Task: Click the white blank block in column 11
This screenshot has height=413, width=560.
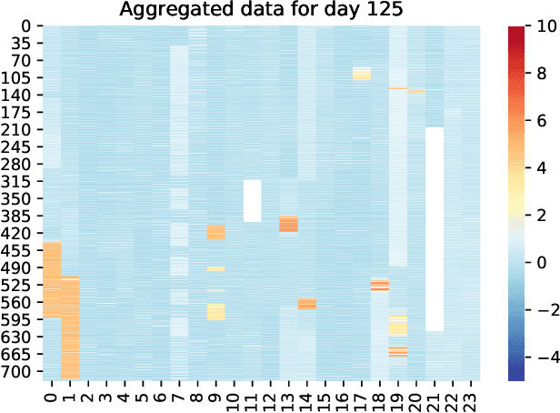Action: (x=252, y=200)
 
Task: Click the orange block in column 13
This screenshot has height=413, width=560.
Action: (x=288, y=224)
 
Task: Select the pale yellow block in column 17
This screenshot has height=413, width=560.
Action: (x=361, y=74)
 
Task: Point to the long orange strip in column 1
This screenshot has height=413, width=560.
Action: (x=70, y=327)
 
